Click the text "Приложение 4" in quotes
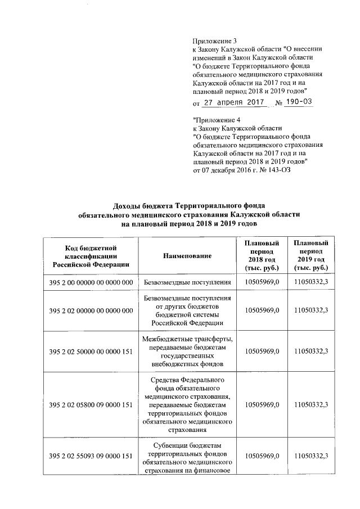click(x=217, y=120)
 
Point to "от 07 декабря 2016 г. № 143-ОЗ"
click(x=242, y=169)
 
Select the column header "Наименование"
click(x=187, y=256)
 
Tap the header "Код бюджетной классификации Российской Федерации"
click(x=91, y=256)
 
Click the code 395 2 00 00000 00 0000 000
click(x=91, y=282)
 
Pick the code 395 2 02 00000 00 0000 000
click(x=91, y=310)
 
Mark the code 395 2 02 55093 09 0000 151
click(x=91, y=456)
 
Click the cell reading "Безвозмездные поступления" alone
click(x=187, y=282)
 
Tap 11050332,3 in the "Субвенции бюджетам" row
click(x=311, y=456)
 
